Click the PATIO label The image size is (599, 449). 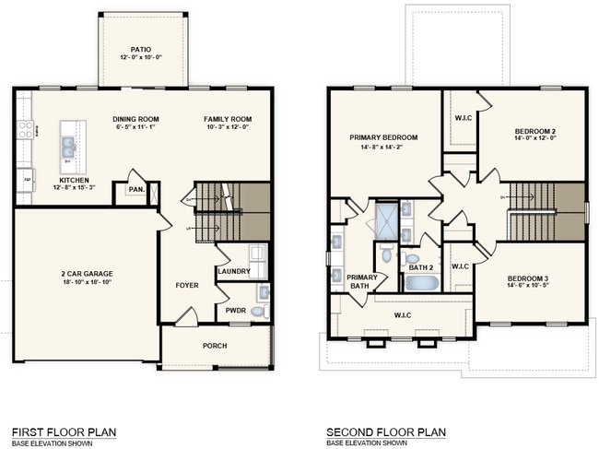pyautogui.click(x=141, y=50)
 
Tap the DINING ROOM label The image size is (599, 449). pyautogui.click(x=136, y=119)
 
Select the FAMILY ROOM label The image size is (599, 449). pyautogui.click(x=228, y=119)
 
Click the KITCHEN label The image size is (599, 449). pyautogui.click(x=75, y=181)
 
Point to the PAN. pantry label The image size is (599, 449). pyautogui.click(x=136, y=191)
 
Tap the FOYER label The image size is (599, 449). pyautogui.click(x=188, y=286)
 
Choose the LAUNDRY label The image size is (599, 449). pyautogui.click(x=234, y=271)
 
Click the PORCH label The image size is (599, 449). pyautogui.click(x=216, y=346)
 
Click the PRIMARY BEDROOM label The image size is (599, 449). pyautogui.click(x=384, y=136)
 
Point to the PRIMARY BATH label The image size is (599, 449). pyautogui.click(x=362, y=281)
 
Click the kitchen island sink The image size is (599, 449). pyautogui.click(x=68, y=145)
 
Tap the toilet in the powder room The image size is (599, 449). pyautogui.click(x=258, y=312)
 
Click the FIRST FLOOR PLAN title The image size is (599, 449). pyautogui.click(x=63, y=431)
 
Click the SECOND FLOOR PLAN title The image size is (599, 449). pyautogui.click(x=385, y=431)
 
